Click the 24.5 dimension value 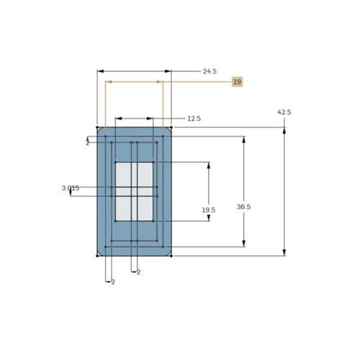coord(210,71)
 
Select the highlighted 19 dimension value coord(237,81)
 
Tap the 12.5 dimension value coord(194,119)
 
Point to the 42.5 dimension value coord(284,112)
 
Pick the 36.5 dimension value coord(243,207)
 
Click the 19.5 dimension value coord(208,210)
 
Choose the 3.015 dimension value coord(71,188)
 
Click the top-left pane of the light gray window coord(123,175)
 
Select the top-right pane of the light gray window coord(145,175)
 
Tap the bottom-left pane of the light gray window coord(123,208)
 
